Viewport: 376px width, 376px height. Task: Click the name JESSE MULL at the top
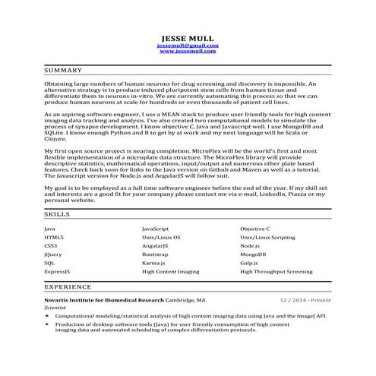tap(188, 37)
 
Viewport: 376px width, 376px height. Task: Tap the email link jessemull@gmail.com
tap(188, 46)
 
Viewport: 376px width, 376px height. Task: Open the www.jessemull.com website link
tap(188, 51)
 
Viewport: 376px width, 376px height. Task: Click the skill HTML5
tap(54, 237)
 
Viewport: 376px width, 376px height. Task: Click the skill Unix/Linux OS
tap(161, 237)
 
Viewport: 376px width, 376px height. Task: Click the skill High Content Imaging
tap(170, 271)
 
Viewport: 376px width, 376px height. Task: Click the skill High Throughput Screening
tap(276, 271)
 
